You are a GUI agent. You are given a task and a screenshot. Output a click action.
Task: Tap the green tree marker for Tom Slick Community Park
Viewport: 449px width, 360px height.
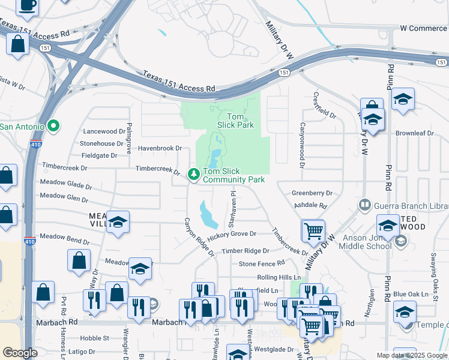[194, 175]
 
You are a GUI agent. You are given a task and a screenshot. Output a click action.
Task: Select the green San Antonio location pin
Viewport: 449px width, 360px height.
[53, 126]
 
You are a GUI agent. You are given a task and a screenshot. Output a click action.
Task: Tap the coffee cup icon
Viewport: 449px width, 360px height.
[26, 5]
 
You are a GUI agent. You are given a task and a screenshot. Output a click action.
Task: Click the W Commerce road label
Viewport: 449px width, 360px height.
[423, 28]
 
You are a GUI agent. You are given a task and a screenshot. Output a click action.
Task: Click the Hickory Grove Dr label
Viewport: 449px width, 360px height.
[232, 233]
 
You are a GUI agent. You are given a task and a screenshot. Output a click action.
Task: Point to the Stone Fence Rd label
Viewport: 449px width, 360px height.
[261, 263]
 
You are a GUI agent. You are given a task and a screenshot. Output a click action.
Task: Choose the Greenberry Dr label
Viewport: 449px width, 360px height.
[312, 193]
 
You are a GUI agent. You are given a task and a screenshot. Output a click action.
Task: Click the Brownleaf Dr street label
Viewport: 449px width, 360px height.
[414, 133]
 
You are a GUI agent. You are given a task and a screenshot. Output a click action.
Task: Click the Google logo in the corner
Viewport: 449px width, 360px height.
[20, 353]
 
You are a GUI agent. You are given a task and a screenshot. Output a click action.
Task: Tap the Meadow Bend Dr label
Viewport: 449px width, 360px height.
[65, 241]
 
